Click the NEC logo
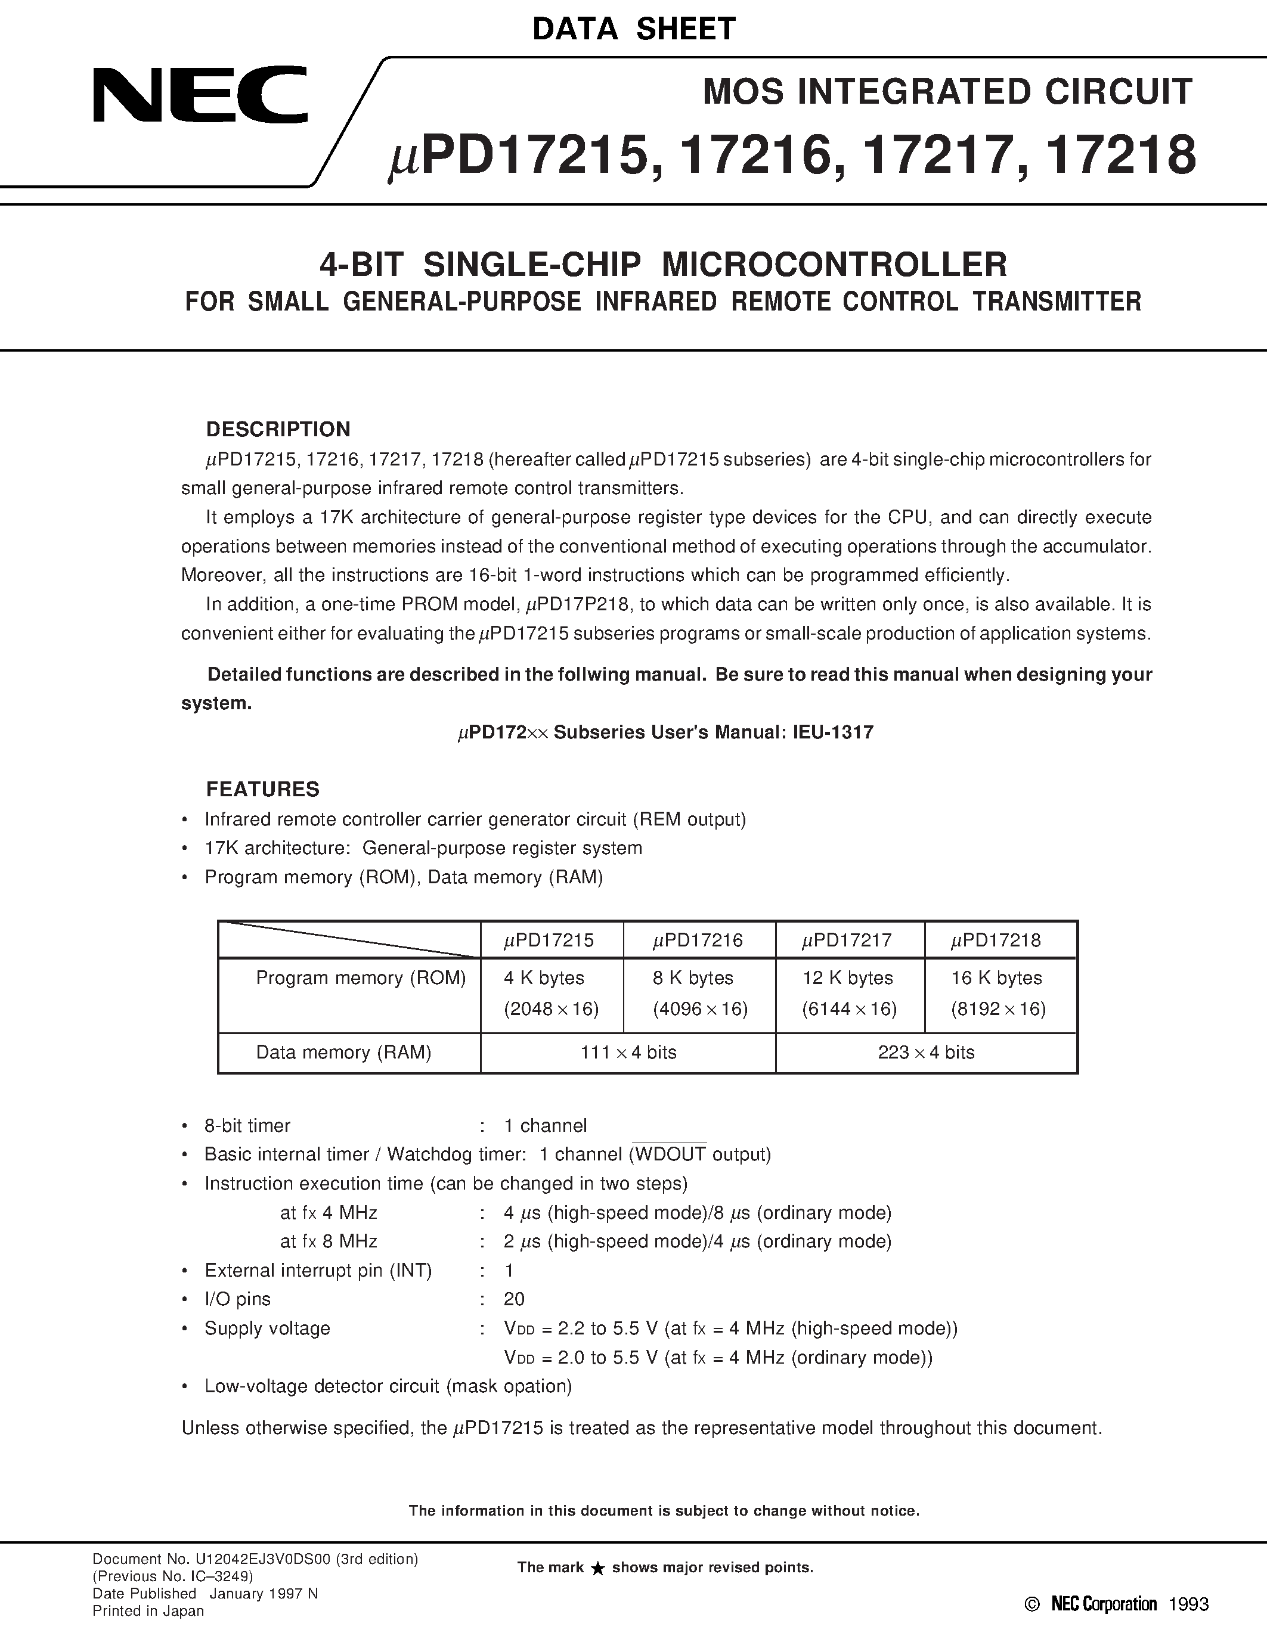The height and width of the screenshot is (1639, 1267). [200, 95]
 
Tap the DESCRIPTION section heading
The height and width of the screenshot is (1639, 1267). [278, 429]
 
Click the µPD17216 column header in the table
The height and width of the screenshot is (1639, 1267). [698, 940]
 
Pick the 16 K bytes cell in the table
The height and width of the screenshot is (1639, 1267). [996, 978]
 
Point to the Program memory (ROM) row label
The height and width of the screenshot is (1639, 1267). [360, 978]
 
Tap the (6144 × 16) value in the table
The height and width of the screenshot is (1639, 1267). [848, 1008]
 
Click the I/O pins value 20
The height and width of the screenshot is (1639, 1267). [514, 1299]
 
